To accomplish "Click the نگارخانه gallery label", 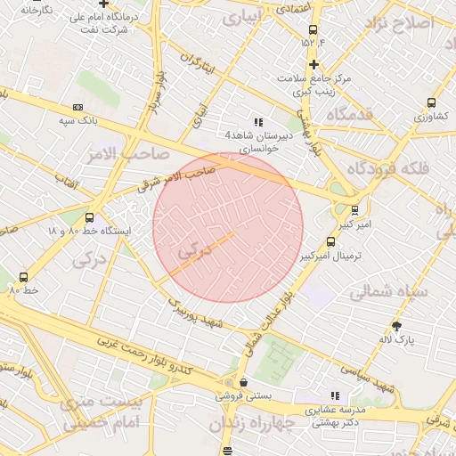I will [x=35, y=9].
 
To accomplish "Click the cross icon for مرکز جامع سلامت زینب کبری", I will [x=313, y=64].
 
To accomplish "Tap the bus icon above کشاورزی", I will [x=432, y=103].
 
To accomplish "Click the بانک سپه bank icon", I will [x=77, y=107].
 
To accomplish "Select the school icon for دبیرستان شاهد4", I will [x=258, y=122].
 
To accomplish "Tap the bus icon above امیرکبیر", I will [x=355, y=210].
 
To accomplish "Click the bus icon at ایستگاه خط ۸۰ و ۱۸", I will [x=89, y=217].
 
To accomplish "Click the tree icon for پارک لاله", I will [x=396, y=326].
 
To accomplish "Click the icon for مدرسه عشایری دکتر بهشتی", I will [x=335, y=395].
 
